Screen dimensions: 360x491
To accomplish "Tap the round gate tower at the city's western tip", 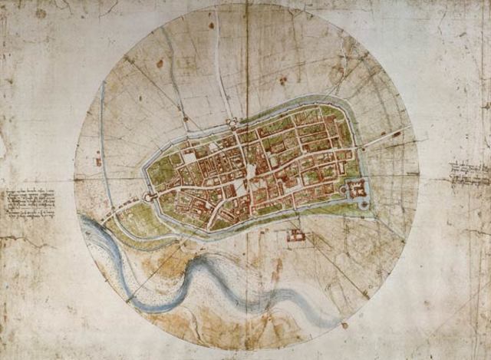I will click(147, 197).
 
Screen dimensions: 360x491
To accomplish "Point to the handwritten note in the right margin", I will click(469, 173).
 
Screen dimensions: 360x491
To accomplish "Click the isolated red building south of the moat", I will click(295, 235).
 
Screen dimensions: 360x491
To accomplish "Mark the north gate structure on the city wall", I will click(231, 124).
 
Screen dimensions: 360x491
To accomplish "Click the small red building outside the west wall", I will click(98, 162).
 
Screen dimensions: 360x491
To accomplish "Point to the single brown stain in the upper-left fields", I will click(160, 63).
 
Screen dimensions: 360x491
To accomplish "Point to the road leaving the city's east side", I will click(384, 139).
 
